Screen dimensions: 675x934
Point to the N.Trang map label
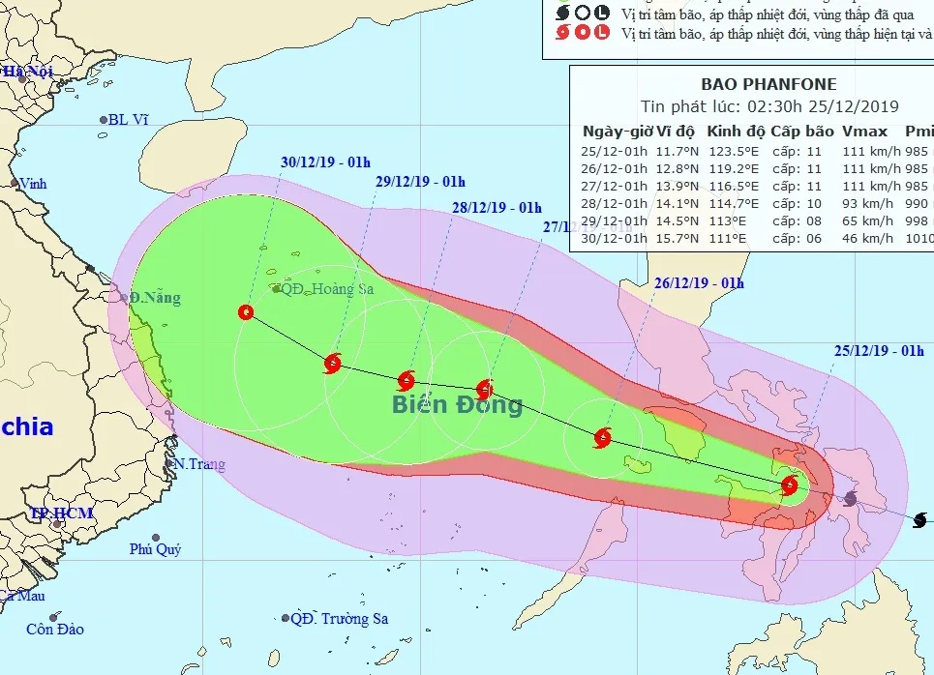[x=200, y=464]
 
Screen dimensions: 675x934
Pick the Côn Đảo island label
[x=54, y=630]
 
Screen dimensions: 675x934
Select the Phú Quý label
[x=156, y=549]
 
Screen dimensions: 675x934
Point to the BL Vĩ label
[x=128, y=120]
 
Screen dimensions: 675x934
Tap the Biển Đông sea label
[x=457, y=404]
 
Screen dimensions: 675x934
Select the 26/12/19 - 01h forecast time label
[x=699, y=282]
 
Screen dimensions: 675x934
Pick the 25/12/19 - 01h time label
[x=879, y=351]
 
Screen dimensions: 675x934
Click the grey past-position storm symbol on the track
[x=850, y=498]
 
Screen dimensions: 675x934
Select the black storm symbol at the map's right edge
[x=919, y=520]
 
